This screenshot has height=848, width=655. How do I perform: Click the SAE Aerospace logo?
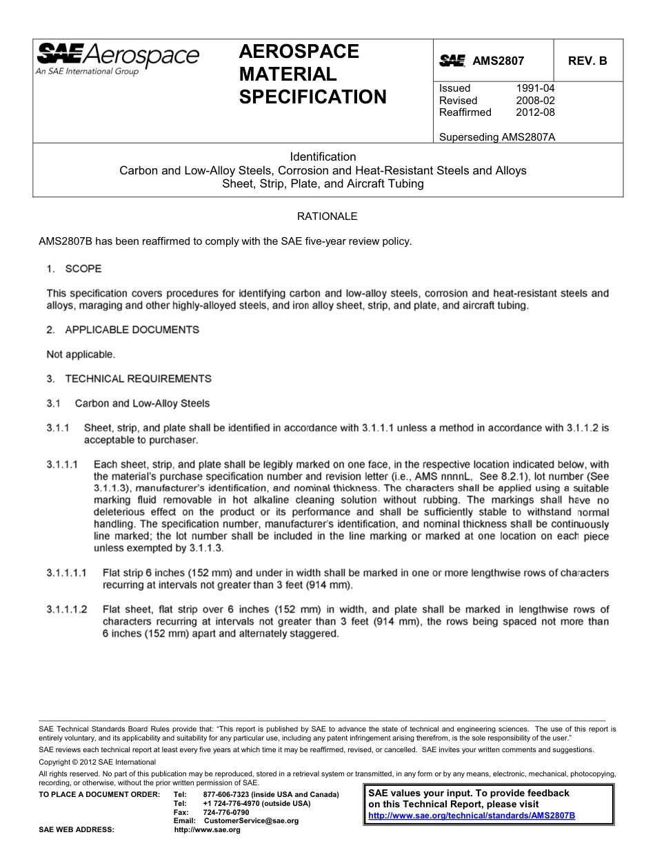(117, 58)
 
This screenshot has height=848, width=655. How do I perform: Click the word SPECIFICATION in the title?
(312, 97)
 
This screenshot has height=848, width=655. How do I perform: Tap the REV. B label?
(587, 61)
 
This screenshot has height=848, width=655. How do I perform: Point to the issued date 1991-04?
(535, 88)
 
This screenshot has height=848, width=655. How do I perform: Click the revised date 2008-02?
(535, 101)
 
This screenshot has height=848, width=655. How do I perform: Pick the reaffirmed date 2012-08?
(535, 112)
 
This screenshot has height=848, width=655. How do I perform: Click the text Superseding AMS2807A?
(497, 137)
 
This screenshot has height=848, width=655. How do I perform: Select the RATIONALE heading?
(327, 216)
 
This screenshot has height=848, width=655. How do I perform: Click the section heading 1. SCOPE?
(74, 268)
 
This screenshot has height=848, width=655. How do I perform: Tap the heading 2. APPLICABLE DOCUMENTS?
(123, 330)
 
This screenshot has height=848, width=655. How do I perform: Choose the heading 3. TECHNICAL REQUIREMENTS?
(129, 378)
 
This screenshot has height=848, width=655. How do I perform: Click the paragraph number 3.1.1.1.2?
(67, 609)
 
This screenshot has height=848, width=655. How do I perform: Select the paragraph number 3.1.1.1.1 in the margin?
(67, 573)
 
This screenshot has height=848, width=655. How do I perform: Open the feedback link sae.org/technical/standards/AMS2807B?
(472, 816)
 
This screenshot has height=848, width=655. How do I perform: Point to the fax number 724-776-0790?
(226, 813)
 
